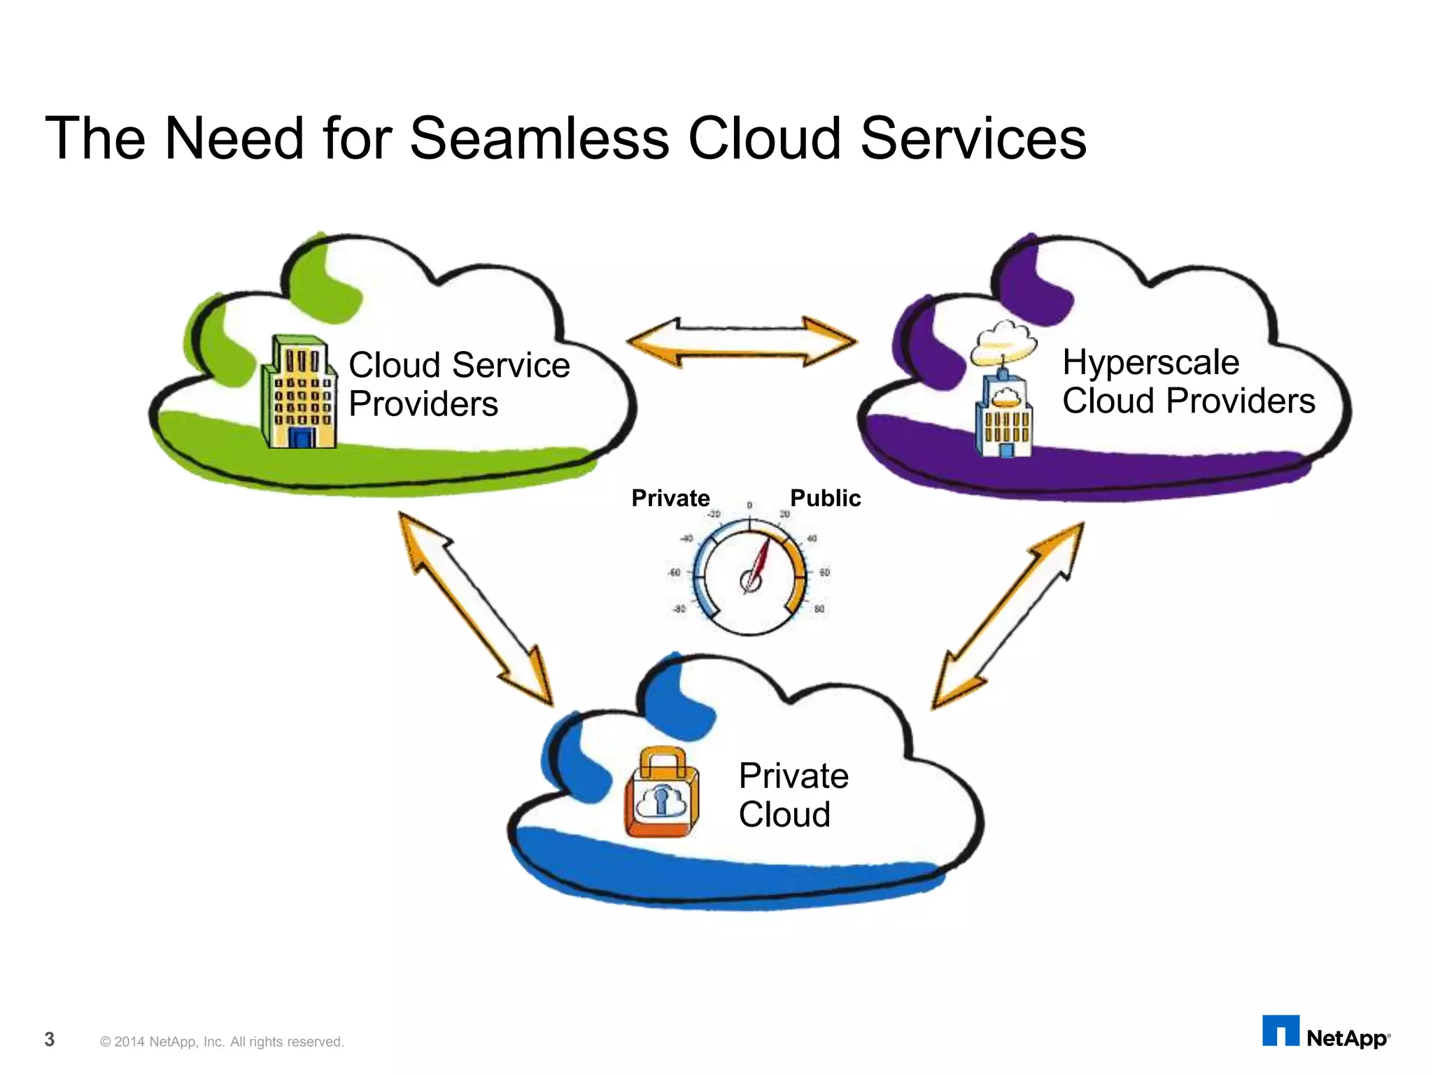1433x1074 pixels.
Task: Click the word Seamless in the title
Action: [x=539, y=138]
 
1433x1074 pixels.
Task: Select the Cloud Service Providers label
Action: [x=458, y=384]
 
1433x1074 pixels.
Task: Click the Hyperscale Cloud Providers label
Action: [x=1188, y=381]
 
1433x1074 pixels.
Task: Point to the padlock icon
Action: [x=661, y=793]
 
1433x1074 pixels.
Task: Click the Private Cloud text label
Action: [x=793, y=795]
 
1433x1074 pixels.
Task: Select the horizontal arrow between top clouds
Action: [x=742, y=342]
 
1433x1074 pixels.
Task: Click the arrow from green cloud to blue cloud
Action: [x=476, y=608]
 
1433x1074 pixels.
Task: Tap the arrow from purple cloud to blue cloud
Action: [x=1008, y=615]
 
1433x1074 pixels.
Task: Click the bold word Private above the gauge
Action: [x=670, y=498]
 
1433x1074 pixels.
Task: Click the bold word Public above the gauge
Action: [x=825, y=498]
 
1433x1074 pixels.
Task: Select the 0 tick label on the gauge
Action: [x=749, y=506]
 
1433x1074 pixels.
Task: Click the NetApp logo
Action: [x=1326, y=1033]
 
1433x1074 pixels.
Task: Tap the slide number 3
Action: [x=50, y=1039]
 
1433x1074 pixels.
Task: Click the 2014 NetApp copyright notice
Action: [x=222, y=1042]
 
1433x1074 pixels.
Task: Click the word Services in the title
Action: [x=973, y=138]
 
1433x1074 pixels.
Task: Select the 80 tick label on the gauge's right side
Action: [x=819, y=609]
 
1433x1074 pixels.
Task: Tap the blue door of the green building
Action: [x=302, y=438]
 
